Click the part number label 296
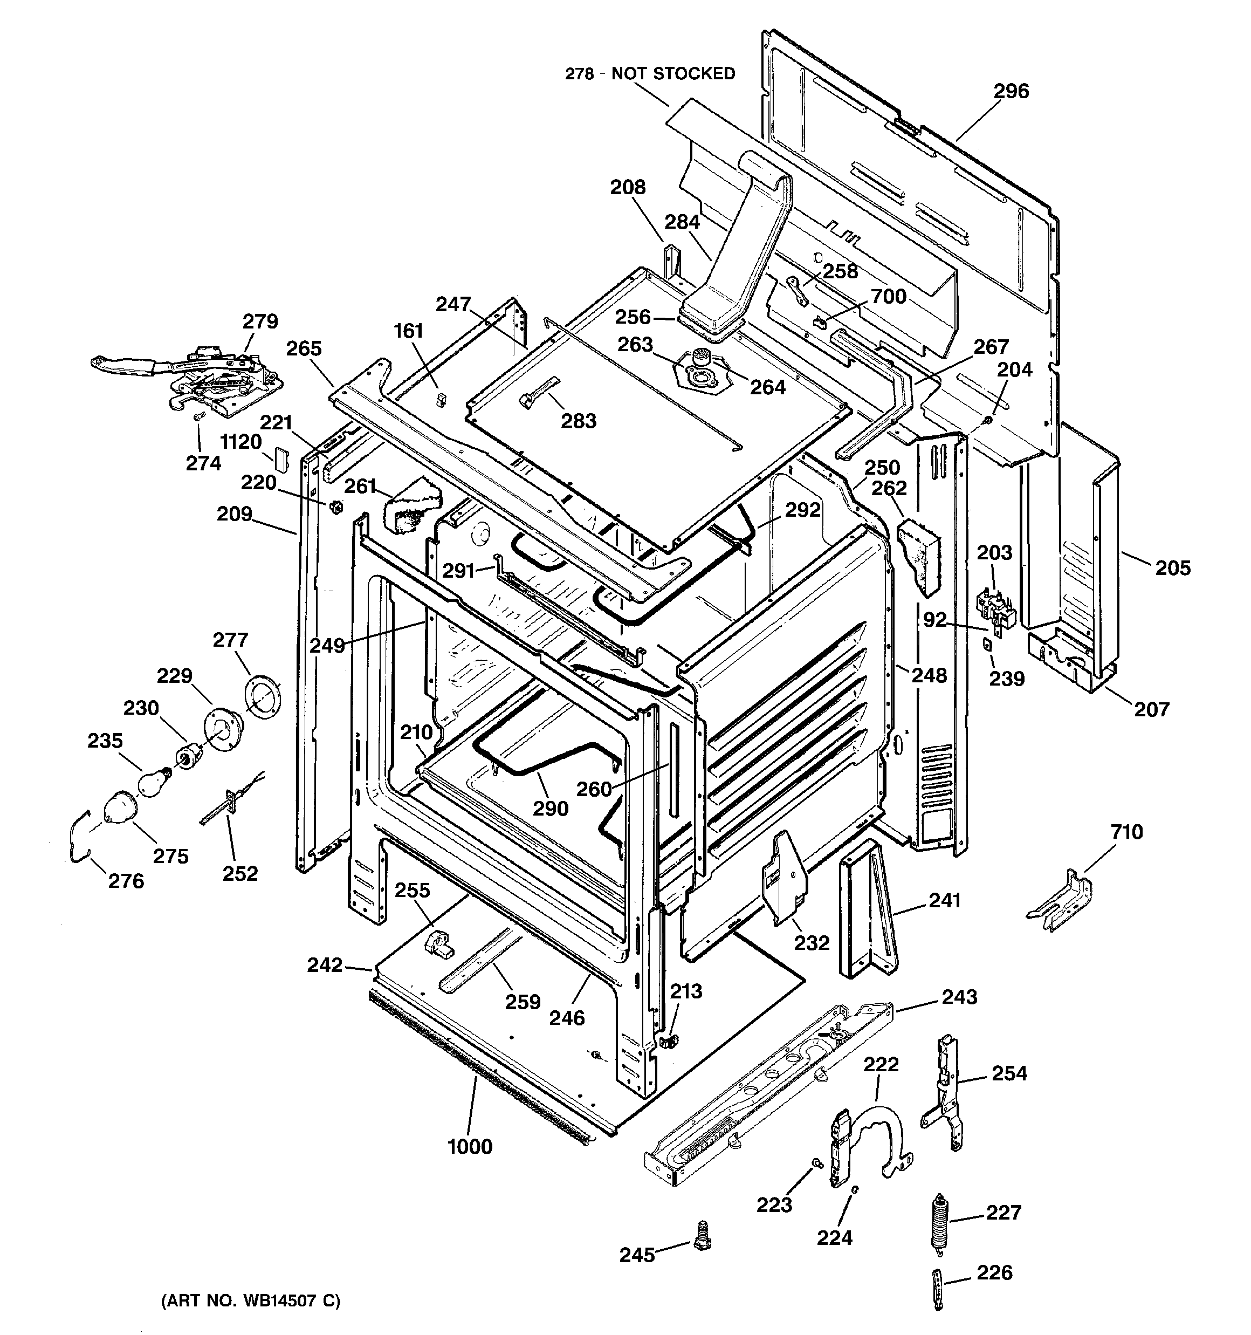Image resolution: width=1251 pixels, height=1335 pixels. point(1011,91)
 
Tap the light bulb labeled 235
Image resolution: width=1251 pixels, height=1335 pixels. point(153,782)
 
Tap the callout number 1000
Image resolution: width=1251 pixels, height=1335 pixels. point(470,1146)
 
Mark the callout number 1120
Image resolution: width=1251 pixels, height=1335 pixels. point(240,441)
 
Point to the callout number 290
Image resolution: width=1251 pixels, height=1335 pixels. point(551,808)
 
